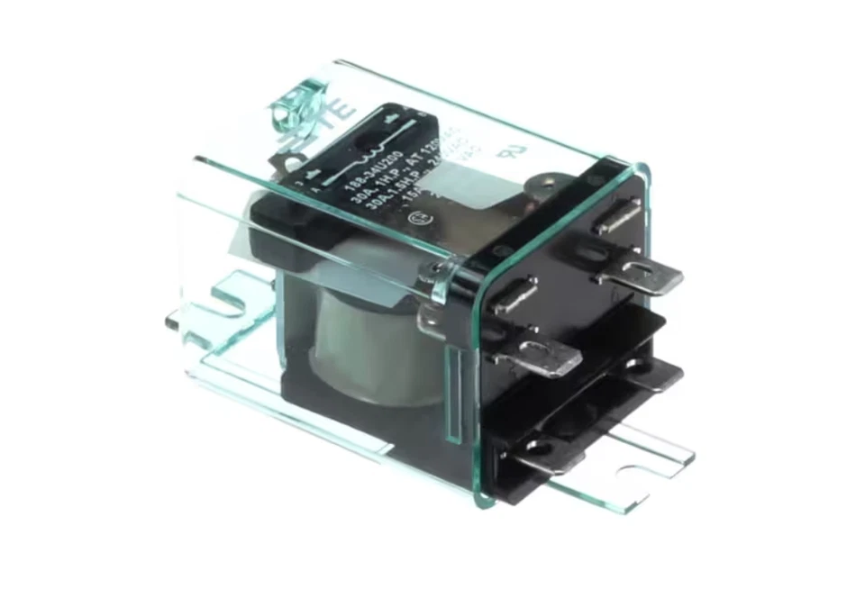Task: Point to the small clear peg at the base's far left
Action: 172,317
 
